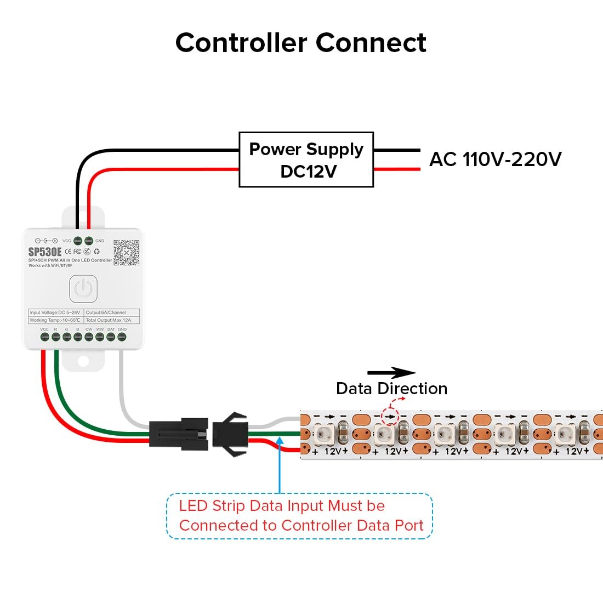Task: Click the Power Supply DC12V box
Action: tap(306, 160)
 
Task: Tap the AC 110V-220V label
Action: tap(495, 159)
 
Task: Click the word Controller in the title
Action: tap(242, 43)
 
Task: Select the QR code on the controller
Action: tap(126, 253)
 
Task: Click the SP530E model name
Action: tap(45, 252)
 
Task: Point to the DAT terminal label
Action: tap(111, 329)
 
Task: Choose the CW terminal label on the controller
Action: tap(89, 329)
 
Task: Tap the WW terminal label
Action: tap(100, 329)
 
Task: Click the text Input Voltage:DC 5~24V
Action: tap(55, 312)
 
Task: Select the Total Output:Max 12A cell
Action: tap(112, 320)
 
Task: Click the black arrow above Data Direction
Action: tap(391, 373)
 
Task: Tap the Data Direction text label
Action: tap(391, 389)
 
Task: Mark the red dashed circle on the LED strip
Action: tap(390, 417)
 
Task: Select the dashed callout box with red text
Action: tap(299, 516)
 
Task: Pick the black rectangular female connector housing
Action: tap(179, 433)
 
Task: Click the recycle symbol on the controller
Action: tap(97, 252)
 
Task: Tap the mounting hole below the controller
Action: tap(83, 362)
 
